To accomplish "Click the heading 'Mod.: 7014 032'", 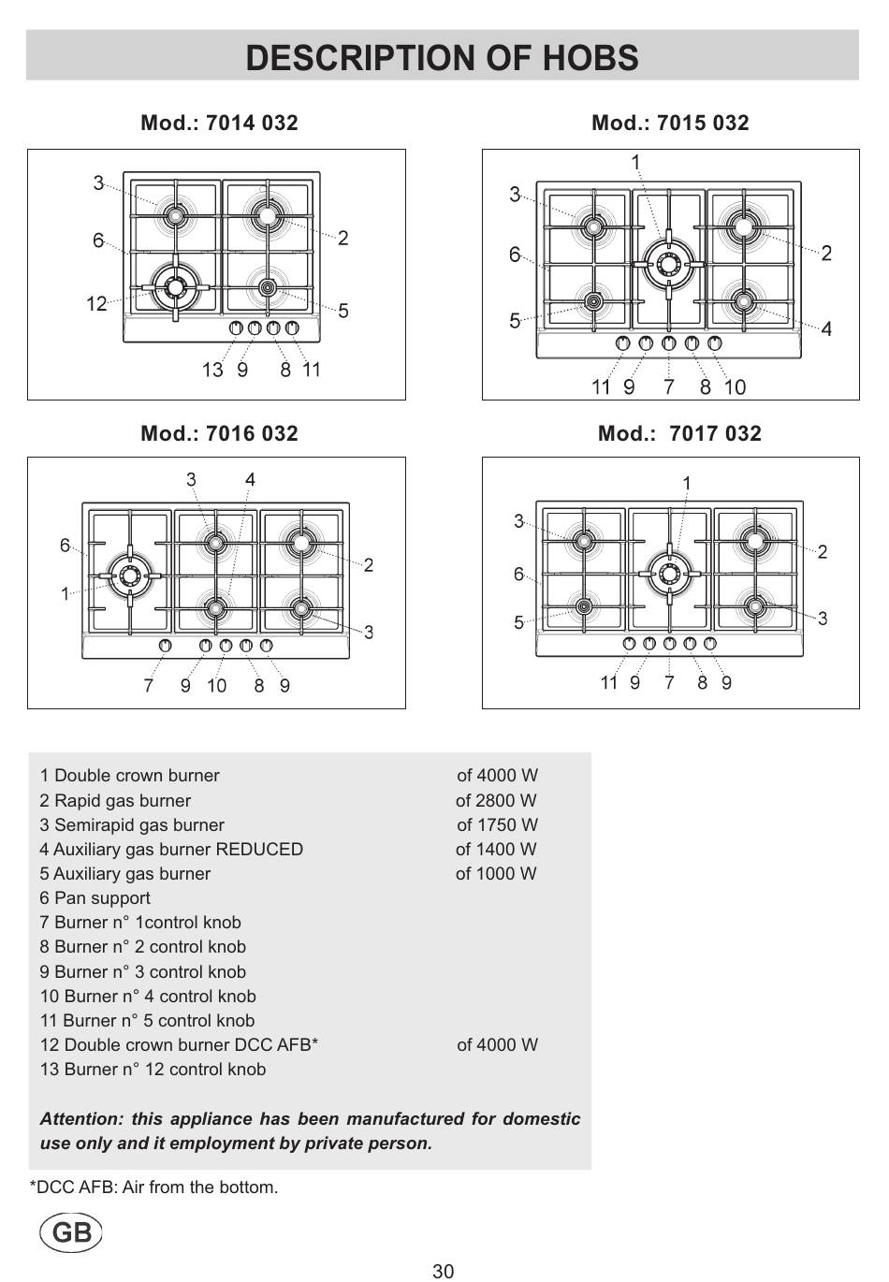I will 219,123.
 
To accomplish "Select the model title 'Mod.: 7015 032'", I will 670,123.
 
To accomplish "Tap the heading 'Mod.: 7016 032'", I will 219,433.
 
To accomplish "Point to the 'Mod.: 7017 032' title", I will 679,433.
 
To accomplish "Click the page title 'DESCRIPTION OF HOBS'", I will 442,58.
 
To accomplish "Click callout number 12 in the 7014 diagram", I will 96,304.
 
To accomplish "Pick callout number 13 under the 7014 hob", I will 212,370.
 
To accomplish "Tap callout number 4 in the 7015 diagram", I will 826,328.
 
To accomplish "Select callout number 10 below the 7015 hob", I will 735,386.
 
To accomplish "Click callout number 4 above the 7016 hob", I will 250,480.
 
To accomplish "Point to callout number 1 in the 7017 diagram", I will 686,483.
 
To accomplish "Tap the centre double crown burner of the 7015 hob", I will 668,263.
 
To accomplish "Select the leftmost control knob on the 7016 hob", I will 166,645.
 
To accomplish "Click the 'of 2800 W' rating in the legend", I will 496,800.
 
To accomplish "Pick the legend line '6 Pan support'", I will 95,898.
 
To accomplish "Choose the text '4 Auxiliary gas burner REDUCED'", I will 171,849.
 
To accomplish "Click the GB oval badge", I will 71,1233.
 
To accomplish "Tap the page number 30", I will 444,1271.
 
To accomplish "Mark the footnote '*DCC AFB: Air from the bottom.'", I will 154,1187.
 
